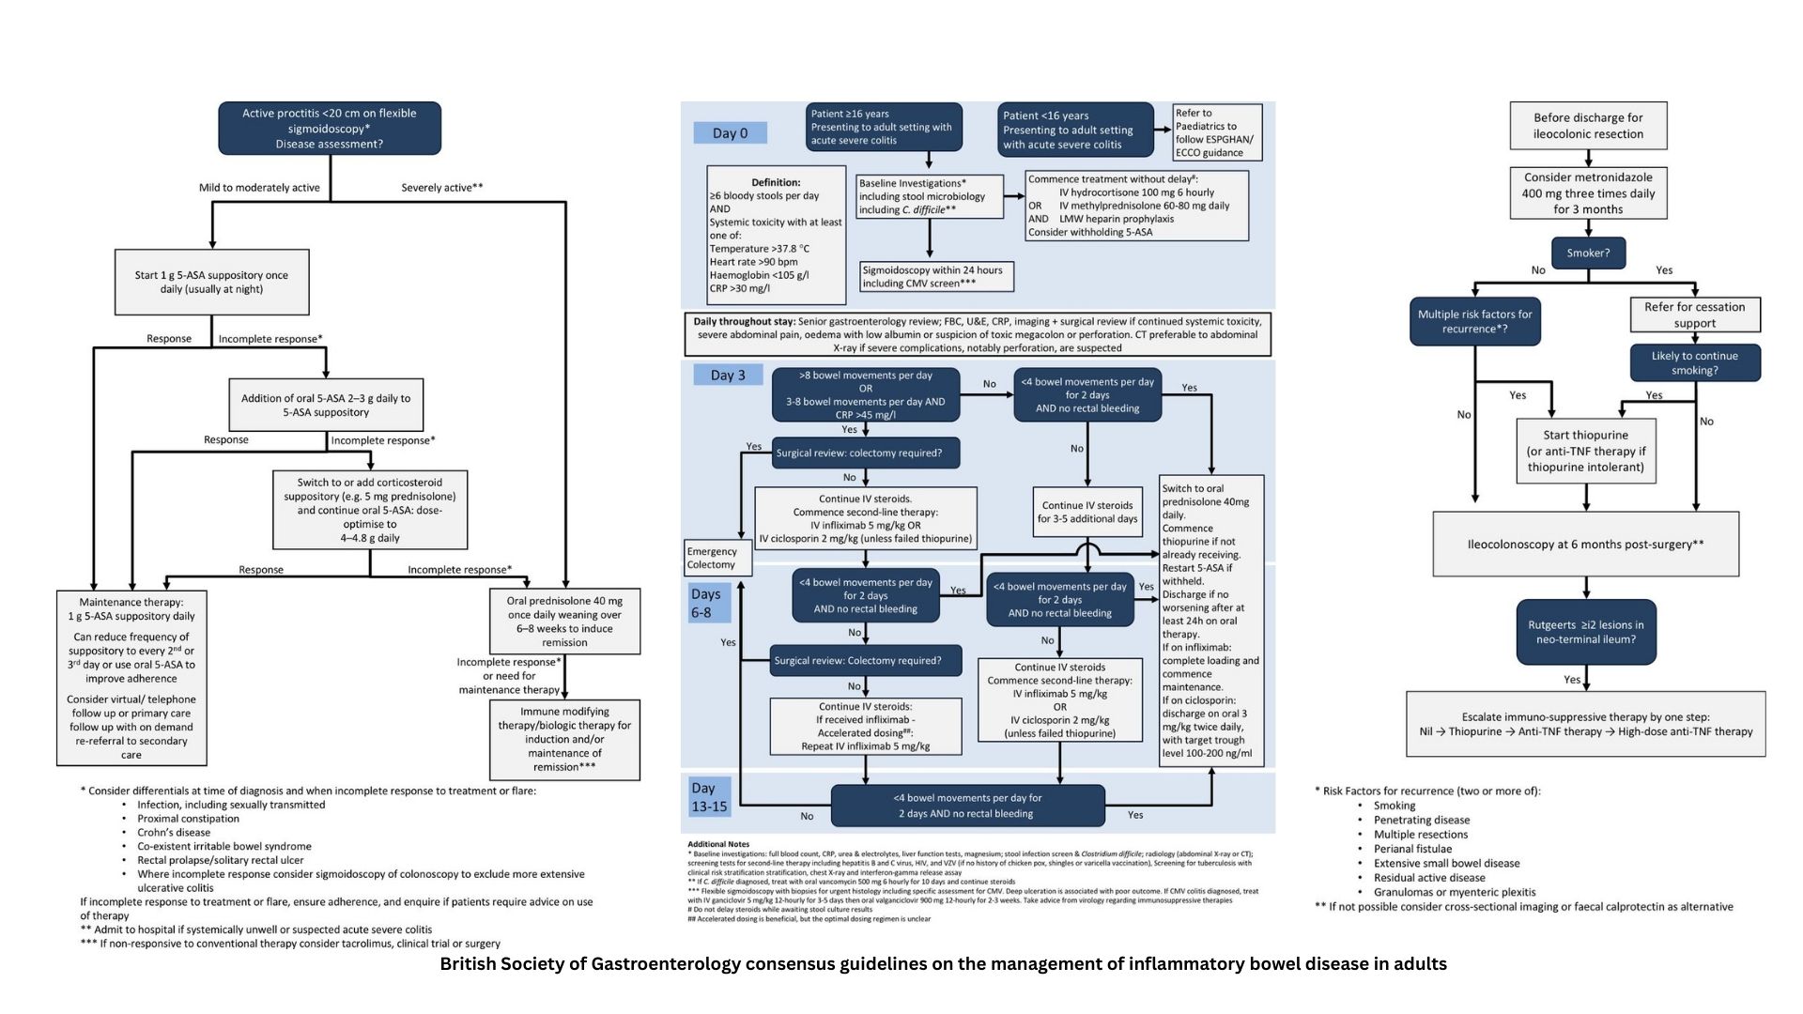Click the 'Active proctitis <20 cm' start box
(x=329, y=129)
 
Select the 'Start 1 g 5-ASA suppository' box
(x=211, y=282)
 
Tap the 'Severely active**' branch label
(x=441, y=188)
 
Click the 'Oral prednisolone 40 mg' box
(x=564, y=622)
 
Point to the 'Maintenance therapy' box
(x=131, y=678)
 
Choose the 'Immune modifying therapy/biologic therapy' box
(x=564, y=739)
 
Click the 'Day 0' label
(x=730, y=133)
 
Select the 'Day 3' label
(x=728, y=376)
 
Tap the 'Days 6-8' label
(x=705, y=604)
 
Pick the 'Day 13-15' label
(x=709, y=797)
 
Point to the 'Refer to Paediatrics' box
(x=1217, y=132)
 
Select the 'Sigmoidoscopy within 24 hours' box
(x=936, y=276)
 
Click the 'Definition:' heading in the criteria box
(x=776, y=183)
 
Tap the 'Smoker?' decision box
(x=1588, y=253)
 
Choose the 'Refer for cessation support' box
(x=1694, y=315)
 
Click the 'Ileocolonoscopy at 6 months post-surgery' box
(x=1585, y=545)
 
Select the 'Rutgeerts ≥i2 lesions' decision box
(x=1585, y=632)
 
